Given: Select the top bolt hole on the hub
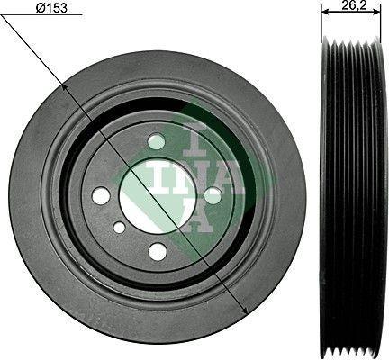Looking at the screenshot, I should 157,141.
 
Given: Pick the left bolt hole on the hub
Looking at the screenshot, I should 102,195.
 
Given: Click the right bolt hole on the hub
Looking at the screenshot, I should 213,194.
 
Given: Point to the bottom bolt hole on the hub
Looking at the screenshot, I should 158,250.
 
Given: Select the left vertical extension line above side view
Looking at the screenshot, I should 321,22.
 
